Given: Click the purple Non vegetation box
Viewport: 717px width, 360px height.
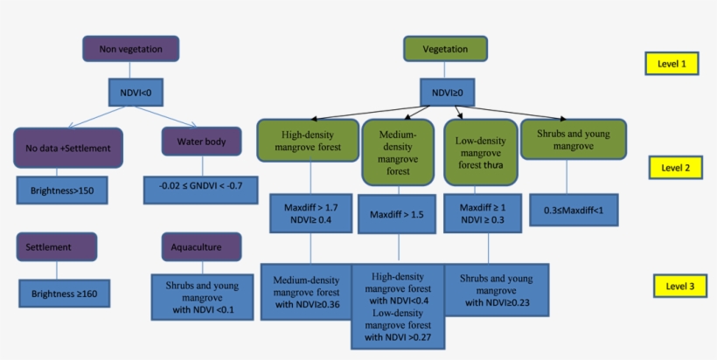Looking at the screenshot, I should (x=130, y=49).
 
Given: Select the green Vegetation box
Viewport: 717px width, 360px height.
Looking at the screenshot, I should (x=445, y=49).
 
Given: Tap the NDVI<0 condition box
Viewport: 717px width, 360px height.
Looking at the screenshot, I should (x=136, y=92).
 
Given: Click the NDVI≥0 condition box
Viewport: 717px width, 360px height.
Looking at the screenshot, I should (x=448, y=91).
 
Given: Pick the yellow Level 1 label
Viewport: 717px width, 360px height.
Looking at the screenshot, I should (x=672, y=63).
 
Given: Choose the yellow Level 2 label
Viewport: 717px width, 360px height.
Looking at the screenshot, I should (x=676, y=167).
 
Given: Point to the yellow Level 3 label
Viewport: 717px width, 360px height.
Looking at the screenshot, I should (x=681, y=285).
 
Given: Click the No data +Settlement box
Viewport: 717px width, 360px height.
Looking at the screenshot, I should (x=68, y=148).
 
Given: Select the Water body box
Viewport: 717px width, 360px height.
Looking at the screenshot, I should (x=202, y=142).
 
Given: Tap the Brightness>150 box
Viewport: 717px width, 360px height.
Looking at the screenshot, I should (x=61, y=190).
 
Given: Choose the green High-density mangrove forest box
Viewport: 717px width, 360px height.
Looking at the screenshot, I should (x=308, y=141).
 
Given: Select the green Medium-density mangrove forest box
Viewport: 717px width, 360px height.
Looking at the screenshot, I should (x=398, y=153).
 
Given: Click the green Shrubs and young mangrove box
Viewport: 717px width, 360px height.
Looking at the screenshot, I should (x=574, y=140).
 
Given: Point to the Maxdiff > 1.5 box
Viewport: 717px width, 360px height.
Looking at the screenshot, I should (x=396, y=215).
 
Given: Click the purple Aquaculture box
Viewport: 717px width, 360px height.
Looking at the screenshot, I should (x=201, y=246).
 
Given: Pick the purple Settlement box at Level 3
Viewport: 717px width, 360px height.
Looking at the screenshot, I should (x=56, y=246).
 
